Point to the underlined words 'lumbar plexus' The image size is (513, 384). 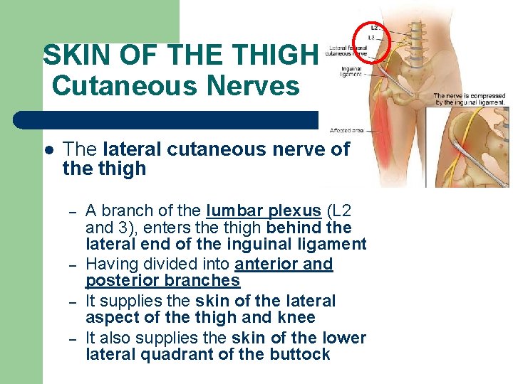pyautogui.click(x=263, y=211)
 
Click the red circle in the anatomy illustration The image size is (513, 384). pyautogui.click(x=371, y=42)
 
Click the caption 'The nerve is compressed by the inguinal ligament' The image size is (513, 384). pyautogui.click(x=470, y=99)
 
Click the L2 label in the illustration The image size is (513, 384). pyautogui.click(x=374, y=28)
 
